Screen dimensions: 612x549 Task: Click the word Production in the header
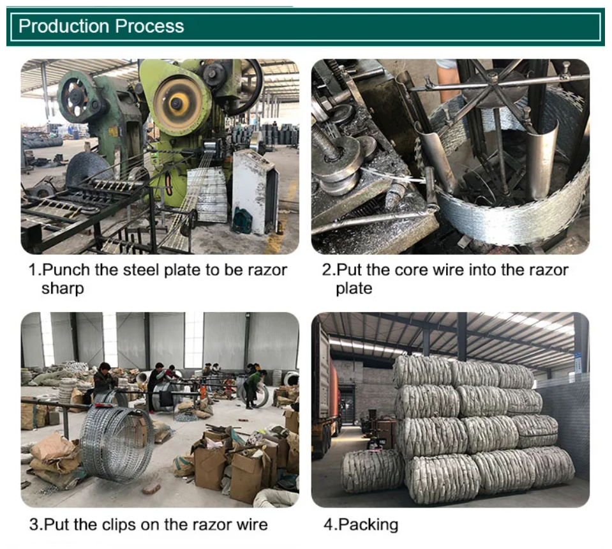[x=64, y=26]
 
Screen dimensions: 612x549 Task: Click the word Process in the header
[x=149, y=26]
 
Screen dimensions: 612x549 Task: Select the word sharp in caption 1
[x=63, y=289]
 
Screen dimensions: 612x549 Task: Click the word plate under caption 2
[x=354, y=289]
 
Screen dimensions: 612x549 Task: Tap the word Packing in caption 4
[x=368, y=524]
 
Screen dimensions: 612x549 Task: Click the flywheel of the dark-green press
[x=75, y=96]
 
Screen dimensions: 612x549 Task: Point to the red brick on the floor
[x=151, y=488]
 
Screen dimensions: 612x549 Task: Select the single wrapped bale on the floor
[x=372, y=470]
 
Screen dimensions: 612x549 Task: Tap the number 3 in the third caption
[x=34, y=524]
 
